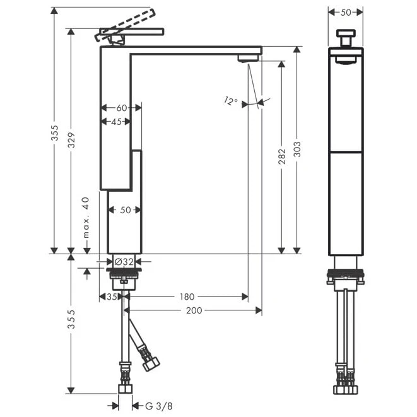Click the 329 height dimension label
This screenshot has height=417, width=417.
pos(71,140)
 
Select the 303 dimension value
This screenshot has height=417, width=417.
pos(297,149)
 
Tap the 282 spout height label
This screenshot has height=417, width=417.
pos(281,156)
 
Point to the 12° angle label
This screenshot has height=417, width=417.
pos(230,101)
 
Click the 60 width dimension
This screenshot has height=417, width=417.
pos(122,108)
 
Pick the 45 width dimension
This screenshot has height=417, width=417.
pos(116,122)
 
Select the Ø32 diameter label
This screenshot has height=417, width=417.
pos(124,262)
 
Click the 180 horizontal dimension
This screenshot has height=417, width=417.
pos(187,297)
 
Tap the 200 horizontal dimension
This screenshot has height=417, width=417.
pos(194,310)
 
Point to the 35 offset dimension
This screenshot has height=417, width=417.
pos(112,297)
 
